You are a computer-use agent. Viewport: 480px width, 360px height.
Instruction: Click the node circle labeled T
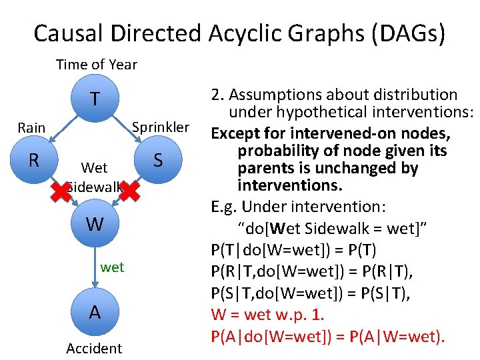click(x=95, y=99)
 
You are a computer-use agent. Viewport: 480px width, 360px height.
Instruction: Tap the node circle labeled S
click(x=158, y=160)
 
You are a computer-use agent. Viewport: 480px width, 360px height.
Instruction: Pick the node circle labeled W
click(x=95, y=224)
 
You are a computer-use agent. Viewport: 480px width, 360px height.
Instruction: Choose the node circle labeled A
click(x=95, y=312)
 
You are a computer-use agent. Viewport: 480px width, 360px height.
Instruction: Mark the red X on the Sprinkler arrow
click(x=129, y=192)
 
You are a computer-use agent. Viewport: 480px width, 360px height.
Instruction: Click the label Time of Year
click(x=96, y=65)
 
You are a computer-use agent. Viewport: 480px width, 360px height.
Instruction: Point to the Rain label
click(x=31, y=127)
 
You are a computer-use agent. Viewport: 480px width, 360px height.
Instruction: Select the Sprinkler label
click(x=161, y=127)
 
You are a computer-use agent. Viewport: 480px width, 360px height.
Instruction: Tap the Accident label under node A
click(x=94, y=348)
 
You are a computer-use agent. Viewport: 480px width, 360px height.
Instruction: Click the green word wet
click(x=112, y=267)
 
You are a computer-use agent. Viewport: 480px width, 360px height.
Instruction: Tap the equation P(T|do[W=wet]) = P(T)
click(x=293, y=249)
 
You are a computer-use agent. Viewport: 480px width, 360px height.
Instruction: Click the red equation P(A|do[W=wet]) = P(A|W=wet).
click(x=327, y=337)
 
